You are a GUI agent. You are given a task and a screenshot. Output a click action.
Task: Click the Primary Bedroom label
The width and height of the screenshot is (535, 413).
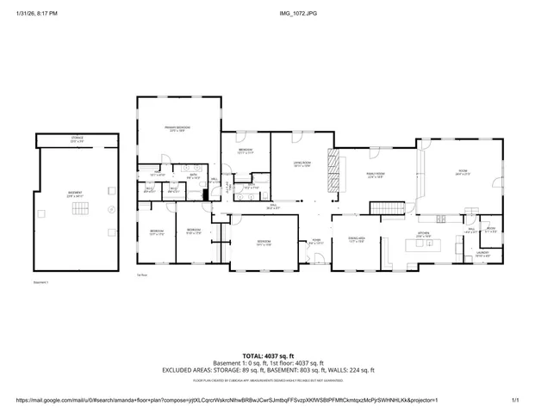[177, 129]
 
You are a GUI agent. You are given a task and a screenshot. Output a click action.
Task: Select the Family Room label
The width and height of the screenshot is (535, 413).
[375, 176]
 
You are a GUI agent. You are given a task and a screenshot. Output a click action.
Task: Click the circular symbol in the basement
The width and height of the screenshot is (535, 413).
[110, 208]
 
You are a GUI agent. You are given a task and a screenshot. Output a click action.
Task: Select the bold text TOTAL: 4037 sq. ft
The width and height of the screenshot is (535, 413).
[268, 355]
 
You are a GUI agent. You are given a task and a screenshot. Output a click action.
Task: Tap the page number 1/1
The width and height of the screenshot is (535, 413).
[515, 400]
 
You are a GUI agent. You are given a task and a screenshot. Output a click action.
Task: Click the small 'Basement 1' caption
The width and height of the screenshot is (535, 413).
[40, 282]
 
